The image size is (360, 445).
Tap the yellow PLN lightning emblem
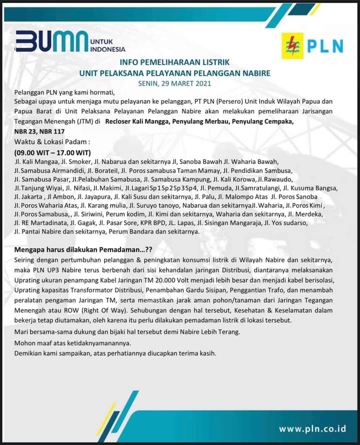click(x=293, y=46)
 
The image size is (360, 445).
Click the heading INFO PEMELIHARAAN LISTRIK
click(x=174, y=62)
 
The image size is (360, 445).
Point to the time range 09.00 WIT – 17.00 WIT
click(x=55, y=152)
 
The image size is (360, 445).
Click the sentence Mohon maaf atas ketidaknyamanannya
click(x=72, y=342)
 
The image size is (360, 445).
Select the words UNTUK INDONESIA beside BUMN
click(x=107, y=45)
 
